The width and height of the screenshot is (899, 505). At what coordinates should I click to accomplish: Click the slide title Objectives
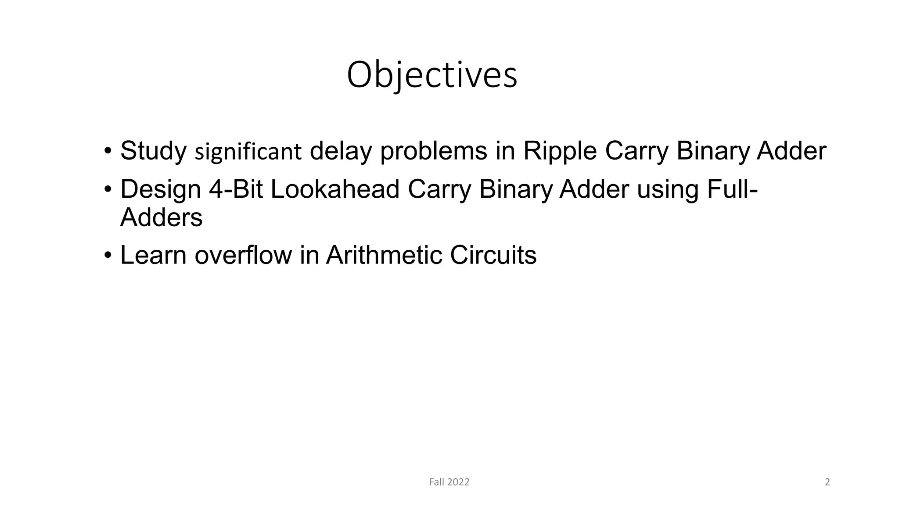(x=432, y=75)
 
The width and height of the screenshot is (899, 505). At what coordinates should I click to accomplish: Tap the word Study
(x=153, y=151)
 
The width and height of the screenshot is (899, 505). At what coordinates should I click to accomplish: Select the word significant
(x=248, y=152)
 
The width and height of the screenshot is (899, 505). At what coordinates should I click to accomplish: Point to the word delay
(x=341, y=151)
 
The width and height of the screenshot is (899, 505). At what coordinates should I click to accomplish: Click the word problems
(x=434, y=151)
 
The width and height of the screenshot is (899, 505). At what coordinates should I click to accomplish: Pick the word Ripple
(x=560, y=151)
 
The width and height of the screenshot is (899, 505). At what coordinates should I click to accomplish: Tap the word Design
(x=161, y=189)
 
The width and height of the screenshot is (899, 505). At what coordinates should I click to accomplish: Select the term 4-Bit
(x=236, y=189)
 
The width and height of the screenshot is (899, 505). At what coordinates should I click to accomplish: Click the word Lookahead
(x=335, y=189)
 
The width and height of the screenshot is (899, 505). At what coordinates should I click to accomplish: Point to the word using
(x=668, y=189)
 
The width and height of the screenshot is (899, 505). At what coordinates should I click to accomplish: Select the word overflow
(x=243, y=255)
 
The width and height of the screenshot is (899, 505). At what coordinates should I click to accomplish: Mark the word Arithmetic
(x=384, y=255)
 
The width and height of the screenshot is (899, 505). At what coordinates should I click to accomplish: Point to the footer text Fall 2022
(x=449, y=482)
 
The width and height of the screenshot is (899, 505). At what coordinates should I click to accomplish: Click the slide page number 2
(x=827, y=482)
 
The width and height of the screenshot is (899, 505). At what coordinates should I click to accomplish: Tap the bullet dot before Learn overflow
(x=108, y=255)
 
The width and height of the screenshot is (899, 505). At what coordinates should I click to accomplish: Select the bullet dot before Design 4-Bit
(x=108, y=189)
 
